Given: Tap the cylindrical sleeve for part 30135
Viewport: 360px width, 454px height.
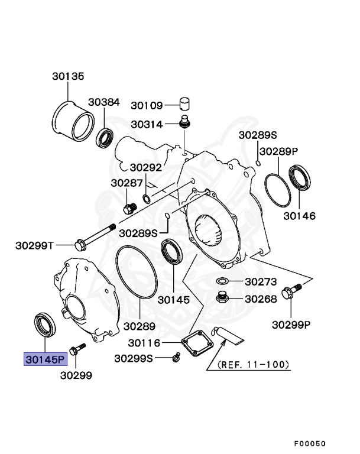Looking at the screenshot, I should click(x=73, y=121).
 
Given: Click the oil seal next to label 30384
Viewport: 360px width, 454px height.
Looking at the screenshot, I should click(x=106, y=137).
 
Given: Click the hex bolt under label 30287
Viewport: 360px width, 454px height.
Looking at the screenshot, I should click(x=129, y=207).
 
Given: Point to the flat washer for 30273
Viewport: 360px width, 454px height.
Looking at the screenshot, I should click(x=224, y=281).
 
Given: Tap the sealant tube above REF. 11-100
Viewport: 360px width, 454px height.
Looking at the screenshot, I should click(x=231, y=335).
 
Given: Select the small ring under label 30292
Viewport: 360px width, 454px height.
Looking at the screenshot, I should click(x=147, y=196).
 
